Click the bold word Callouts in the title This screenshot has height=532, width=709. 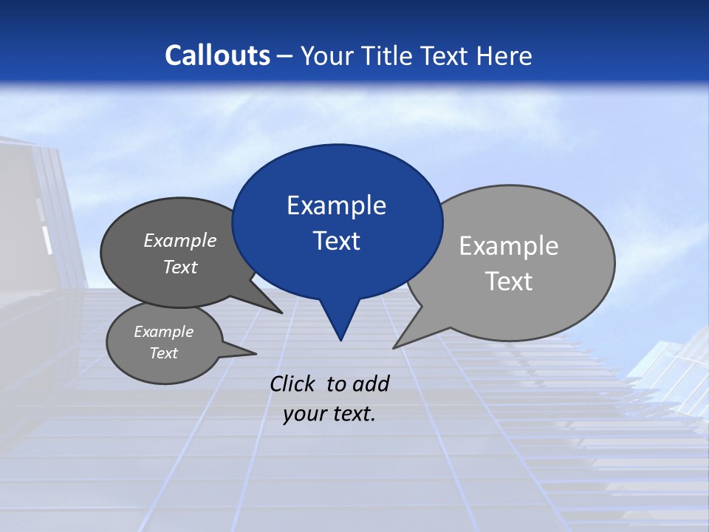point(218,55)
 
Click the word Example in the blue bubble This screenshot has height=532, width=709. point(336,205)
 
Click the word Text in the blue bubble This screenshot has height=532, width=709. point(336,241)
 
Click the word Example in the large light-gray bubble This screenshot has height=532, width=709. point(509,246)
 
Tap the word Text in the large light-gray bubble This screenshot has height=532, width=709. point(509,282)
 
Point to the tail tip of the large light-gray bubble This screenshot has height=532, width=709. point(394,347)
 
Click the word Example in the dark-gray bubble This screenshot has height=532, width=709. point(180,240)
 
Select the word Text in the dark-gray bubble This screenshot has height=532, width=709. point(180,267)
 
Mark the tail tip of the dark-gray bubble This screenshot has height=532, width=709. point(281,313)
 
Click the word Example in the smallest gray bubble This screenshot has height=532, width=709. point(164,332)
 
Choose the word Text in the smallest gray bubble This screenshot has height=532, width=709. point(164,353)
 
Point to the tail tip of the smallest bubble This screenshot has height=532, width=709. point(256,353)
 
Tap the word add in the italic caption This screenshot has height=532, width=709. point(371,384)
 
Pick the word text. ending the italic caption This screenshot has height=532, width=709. point(352,415)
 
